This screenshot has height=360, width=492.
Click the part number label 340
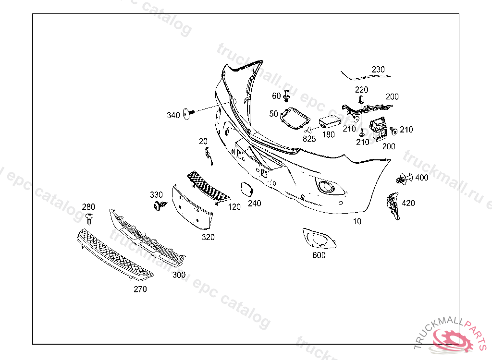[173, 115]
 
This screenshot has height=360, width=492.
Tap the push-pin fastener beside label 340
[188, 114]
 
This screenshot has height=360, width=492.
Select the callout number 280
[88, 207]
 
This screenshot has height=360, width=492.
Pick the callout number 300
[179, 275]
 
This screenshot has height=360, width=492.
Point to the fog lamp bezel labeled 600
[319, 238]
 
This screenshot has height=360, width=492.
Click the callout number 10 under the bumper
[357, 222]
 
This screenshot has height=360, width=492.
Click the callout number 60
[276, 96]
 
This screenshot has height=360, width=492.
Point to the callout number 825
[309, 139]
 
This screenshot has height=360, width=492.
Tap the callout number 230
[378, 70]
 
